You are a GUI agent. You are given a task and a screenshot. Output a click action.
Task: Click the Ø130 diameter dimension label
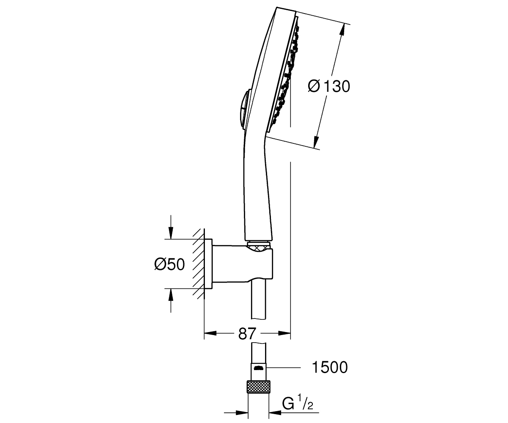tap(329, 86)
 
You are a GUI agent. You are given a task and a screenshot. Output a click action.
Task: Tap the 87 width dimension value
tap(247, 333)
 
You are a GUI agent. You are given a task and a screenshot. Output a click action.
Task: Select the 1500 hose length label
tap(330, 367)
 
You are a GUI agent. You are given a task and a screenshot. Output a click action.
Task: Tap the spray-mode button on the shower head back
tap(243, 108)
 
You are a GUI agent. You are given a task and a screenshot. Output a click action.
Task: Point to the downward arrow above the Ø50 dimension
tap(171, 232)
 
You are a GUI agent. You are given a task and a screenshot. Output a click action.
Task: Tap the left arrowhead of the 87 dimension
tap(210, 333)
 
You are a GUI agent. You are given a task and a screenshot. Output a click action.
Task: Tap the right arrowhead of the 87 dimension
tap(284, 333)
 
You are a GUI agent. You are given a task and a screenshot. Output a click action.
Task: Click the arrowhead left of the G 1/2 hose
tap(242, 406)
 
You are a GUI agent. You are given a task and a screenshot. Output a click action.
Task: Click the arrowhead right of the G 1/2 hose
tap(275, 406)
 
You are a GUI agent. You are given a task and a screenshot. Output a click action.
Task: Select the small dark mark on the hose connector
tap(258, 368)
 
